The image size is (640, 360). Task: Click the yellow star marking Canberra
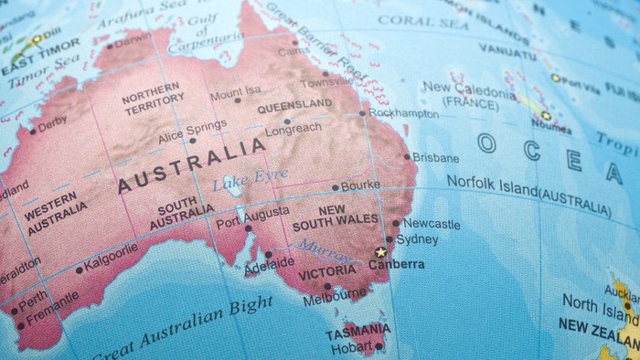click(x=379, y=251)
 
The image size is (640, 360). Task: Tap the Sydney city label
click(x=416, y=239)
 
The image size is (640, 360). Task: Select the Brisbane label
click(x=435, y=157)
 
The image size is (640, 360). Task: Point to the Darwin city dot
click(x=110, y=46)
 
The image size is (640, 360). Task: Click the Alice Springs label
click(x=192, y=126)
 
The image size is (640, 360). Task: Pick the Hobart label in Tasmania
click(x=351, y=347)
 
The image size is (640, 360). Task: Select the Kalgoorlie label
click(x=111, y=253)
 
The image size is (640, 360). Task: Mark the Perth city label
click(x=33, y=298)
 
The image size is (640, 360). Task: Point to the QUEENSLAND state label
click(x=293, y=105)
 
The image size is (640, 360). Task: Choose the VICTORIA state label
click(x=326, y=271)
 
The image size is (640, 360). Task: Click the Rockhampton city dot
click(x=362, y=113)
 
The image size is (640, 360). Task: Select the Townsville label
click(x=326, y=82)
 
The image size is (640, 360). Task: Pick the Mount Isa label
click(x=234, y=91)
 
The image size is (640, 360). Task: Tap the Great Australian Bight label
click(x=182, y=330)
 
